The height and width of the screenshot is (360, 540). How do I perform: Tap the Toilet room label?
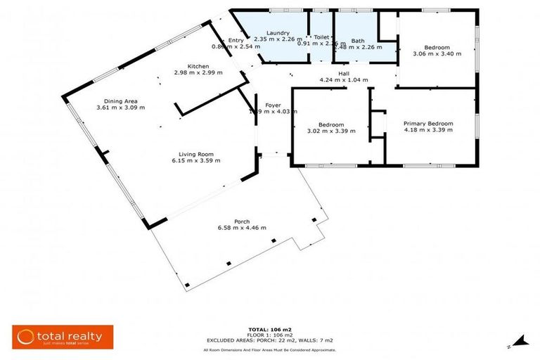pos(321,37)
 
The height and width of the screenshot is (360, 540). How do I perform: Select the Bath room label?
pos(357,41)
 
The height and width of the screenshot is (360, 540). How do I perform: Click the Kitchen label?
pos(198,65)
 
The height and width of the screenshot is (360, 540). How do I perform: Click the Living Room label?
pos(196,154)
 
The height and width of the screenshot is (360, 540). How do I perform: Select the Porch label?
pos(242,221)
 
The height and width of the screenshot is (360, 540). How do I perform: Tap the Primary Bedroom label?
pos(427,124)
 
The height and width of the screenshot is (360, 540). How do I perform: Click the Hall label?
pos(344,73)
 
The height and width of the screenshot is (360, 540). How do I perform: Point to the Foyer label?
pos(272,105)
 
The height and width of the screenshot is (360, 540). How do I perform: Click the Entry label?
pos(236,40)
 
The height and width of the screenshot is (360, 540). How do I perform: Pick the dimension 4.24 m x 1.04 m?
pos(344,79)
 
